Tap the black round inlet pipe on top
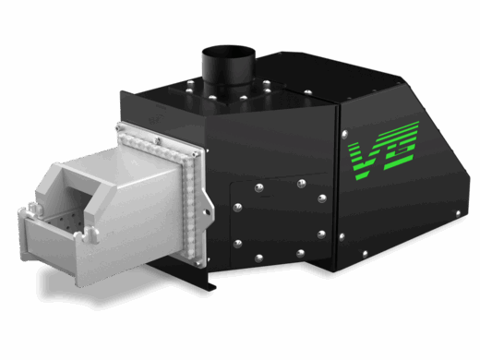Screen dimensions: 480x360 [228, 66]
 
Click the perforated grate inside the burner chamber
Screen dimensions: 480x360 [63, 220]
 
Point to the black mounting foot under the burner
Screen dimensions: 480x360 [191, 274]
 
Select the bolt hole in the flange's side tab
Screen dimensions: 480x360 [207, 212]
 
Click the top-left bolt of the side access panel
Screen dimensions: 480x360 [258, 187]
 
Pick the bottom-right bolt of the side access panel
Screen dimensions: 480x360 [300, 254]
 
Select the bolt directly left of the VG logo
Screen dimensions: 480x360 [344, 134]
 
